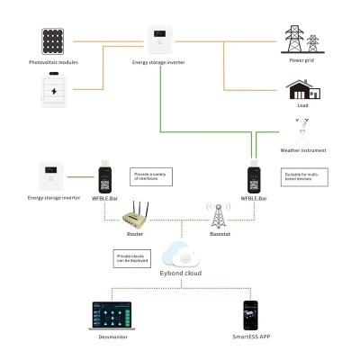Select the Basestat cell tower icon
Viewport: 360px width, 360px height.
pyautogui.click(x=217, y=214)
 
